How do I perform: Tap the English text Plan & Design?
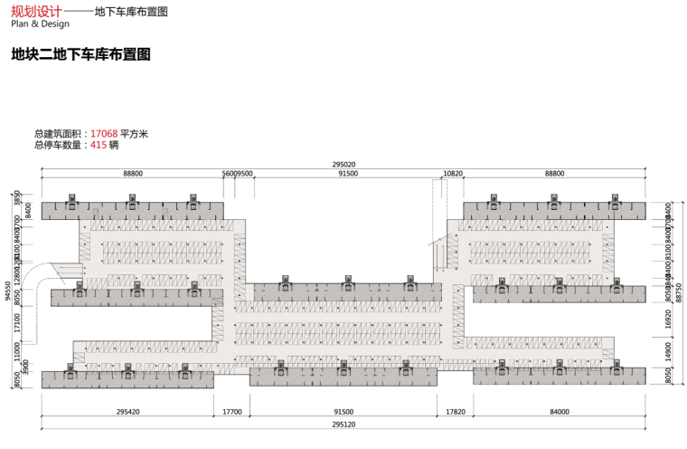tap(40, 24)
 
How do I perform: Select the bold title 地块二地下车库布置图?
tap(80, 54)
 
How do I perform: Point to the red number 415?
tap(99, 145)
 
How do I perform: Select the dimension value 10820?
tap(453, 173)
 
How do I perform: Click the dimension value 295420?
tap(127, 412)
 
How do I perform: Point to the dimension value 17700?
tap(232, 412)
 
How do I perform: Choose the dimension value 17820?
tap(455, 412)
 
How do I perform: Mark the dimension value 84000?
tap(556, 412)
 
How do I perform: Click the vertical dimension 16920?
tap(668, 318)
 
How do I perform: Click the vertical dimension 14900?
tap(668, 351)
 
